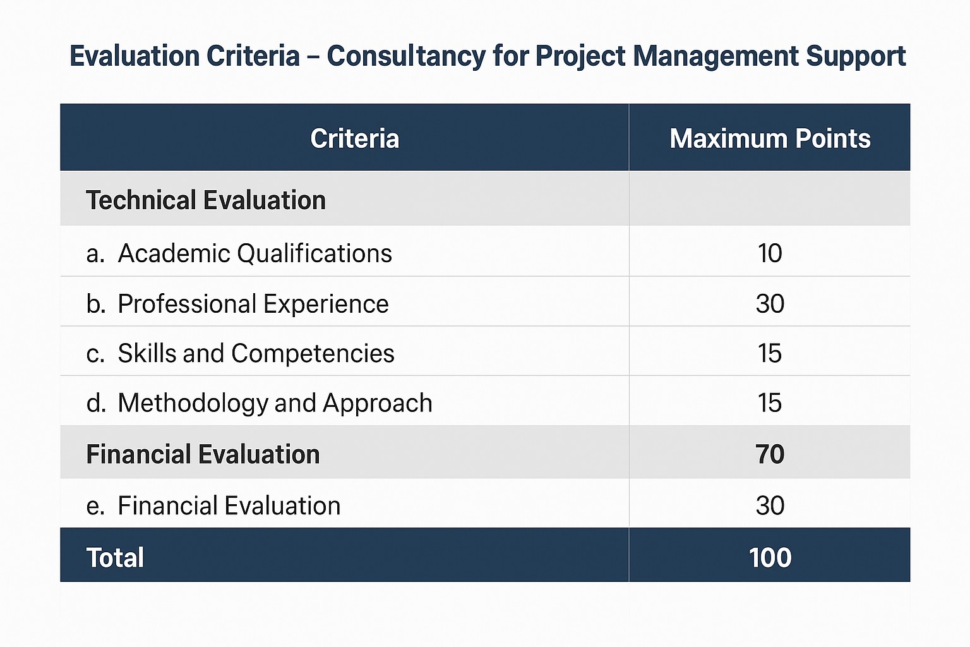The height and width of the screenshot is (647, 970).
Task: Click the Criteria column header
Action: click(354, 139)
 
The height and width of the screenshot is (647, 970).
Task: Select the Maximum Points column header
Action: click(769, 139)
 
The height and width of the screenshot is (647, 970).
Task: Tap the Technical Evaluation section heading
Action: click(206, 200)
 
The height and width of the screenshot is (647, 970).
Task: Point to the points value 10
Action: click(770, 253)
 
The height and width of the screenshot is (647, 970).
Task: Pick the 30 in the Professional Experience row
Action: click(770, 304)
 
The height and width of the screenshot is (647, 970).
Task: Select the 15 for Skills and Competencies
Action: click(770, 353)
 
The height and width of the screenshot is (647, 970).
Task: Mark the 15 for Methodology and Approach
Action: click(770, 403)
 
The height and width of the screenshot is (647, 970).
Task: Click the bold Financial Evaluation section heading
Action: click(203, 454)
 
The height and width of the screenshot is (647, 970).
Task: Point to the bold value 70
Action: click(770, 454)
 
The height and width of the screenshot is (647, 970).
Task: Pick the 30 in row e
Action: click(770, 505)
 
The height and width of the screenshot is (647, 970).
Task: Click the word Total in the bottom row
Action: click(115, 558)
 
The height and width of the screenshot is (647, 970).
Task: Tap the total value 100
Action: click(770, 558)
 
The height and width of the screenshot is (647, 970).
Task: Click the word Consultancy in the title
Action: click(406, 56)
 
